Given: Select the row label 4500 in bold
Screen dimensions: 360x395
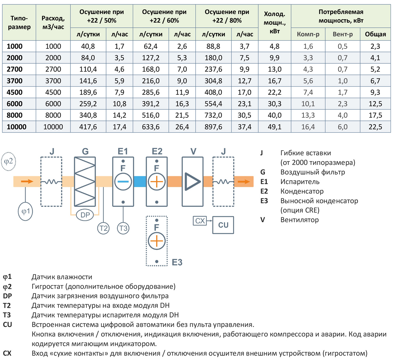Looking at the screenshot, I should [x=15, y=92].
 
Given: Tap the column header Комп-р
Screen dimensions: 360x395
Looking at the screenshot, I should [x=308, y=34].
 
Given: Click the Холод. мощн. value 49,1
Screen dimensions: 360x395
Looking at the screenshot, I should [x=275, y=127].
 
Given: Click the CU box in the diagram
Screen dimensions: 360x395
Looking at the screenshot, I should [x=223, y=225].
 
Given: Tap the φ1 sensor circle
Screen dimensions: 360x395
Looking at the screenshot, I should [x=26, y=211].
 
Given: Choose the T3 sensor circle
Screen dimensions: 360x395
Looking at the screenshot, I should [x=123, y=228].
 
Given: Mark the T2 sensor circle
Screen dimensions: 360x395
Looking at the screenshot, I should [x=103, y=228].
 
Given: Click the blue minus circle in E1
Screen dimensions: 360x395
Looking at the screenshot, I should [x=123, y=182].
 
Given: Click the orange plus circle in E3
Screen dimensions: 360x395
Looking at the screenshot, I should [x=157, y=241].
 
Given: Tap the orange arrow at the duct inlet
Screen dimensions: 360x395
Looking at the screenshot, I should [x=27, y=182].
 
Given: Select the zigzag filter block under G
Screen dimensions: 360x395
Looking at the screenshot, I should [x=84, y=182].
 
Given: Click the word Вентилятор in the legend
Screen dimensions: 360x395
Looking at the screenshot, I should [x=299, y=220].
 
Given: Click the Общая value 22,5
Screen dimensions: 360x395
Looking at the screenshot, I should [x=375, y=127].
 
